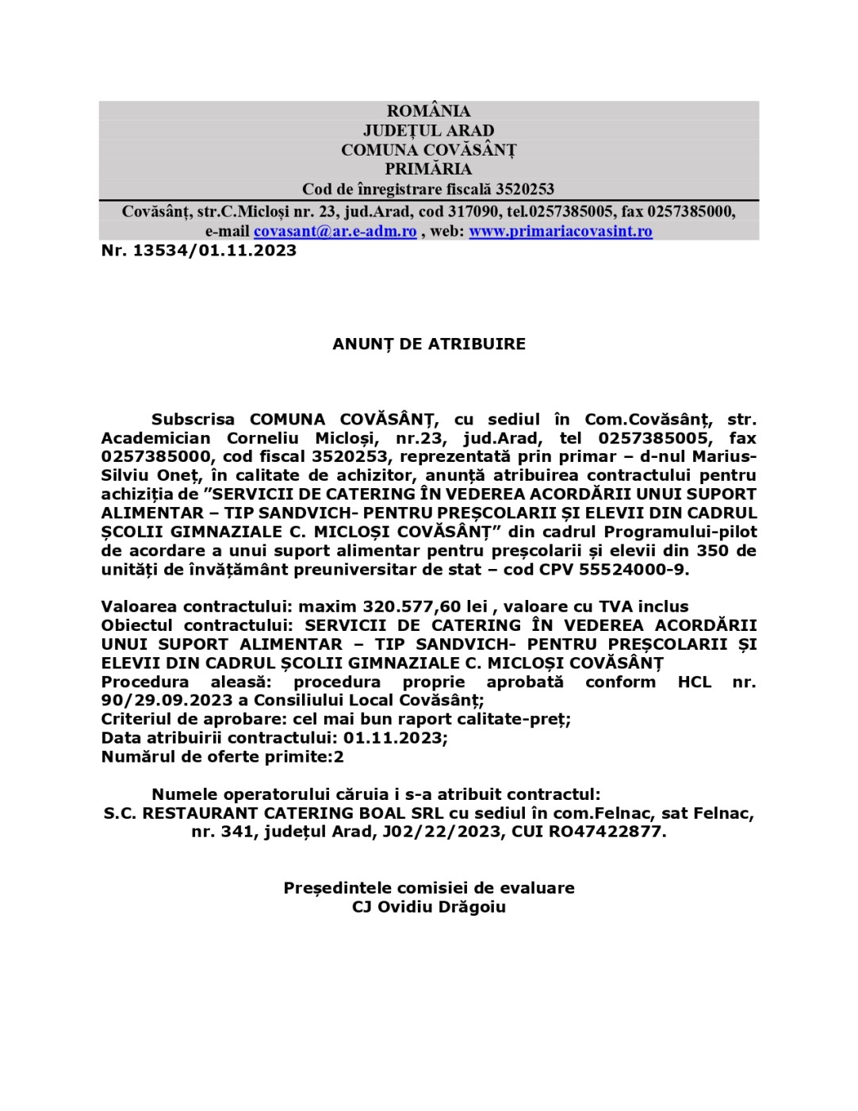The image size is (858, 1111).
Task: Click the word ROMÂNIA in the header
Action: pos(428,111)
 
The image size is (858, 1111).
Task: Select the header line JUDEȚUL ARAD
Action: pos(428,130)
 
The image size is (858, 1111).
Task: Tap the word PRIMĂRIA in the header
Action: pos(428,169)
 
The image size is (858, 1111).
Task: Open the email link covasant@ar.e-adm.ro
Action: pos(335,231)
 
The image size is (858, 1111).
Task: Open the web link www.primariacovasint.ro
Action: pos(561,231)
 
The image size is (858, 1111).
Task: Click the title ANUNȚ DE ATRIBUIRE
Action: pos(428,344)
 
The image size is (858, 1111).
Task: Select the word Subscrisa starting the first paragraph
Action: pos(193,419)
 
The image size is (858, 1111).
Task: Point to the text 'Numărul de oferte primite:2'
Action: pos(223,756)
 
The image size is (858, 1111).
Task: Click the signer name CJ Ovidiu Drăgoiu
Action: pos(428,906)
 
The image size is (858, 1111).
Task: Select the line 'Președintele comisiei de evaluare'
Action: pos(428,887)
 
